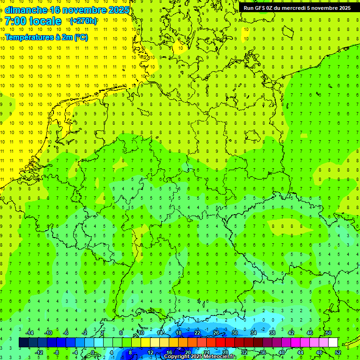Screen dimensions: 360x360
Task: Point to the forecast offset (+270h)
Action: click(x=83, y=21)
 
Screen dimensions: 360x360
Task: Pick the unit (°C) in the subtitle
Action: click(x=81, y=37)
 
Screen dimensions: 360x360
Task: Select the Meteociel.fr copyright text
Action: click(x=200, y=357)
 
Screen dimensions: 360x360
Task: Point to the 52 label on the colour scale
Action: click(x=338, y=352)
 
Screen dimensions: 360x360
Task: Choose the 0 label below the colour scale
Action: click(x=93, y=352)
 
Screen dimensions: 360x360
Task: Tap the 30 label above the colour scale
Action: click(x=234, y=333)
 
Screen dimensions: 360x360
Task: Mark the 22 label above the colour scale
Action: click(x=197, y=333)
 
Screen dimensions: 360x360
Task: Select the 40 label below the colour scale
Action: click(x=282, y=352)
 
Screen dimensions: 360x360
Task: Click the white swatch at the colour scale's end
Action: click(x=333, y=343)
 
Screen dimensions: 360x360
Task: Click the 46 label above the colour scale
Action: click(x=309, y=333)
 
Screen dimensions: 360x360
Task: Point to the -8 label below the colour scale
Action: click(x=57, y=352)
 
